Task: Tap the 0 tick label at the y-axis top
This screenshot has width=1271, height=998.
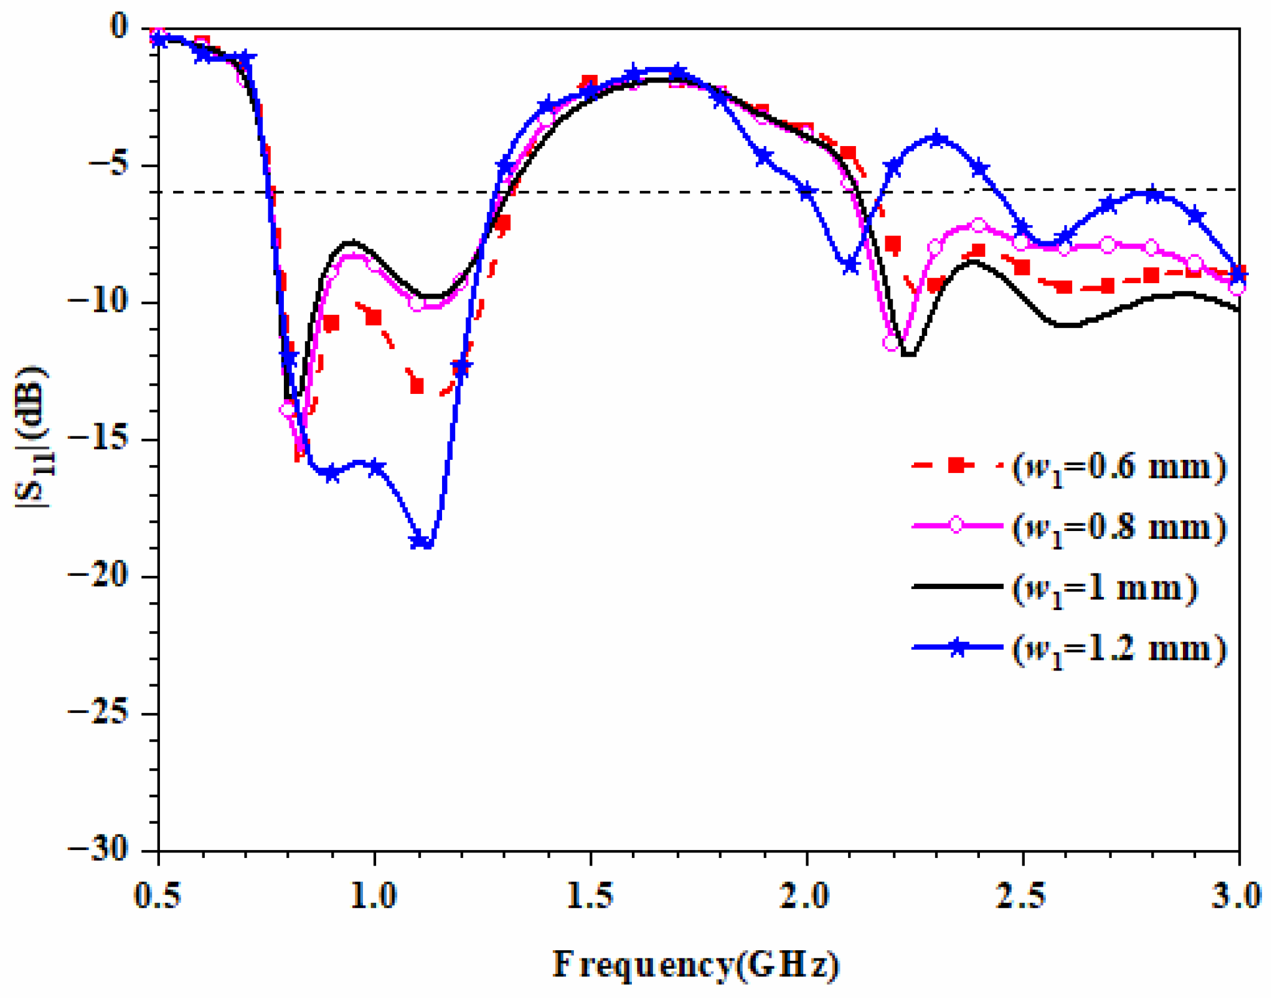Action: tap(119, 26)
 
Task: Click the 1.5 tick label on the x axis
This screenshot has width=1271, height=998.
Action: tap(590, 896)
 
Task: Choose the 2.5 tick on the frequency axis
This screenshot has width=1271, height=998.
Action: tap(1022, 896)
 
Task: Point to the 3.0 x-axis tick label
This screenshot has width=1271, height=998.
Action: tap(1237, 896)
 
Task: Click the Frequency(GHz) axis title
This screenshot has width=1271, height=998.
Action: tap(695, 964)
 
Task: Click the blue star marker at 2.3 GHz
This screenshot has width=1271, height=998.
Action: tap(937, 139)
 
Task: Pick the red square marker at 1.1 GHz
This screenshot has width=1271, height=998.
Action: tap(417, 386)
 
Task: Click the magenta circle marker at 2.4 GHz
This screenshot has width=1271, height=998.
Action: tap(979, 226)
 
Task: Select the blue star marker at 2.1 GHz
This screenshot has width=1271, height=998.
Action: tap(851, 265)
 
